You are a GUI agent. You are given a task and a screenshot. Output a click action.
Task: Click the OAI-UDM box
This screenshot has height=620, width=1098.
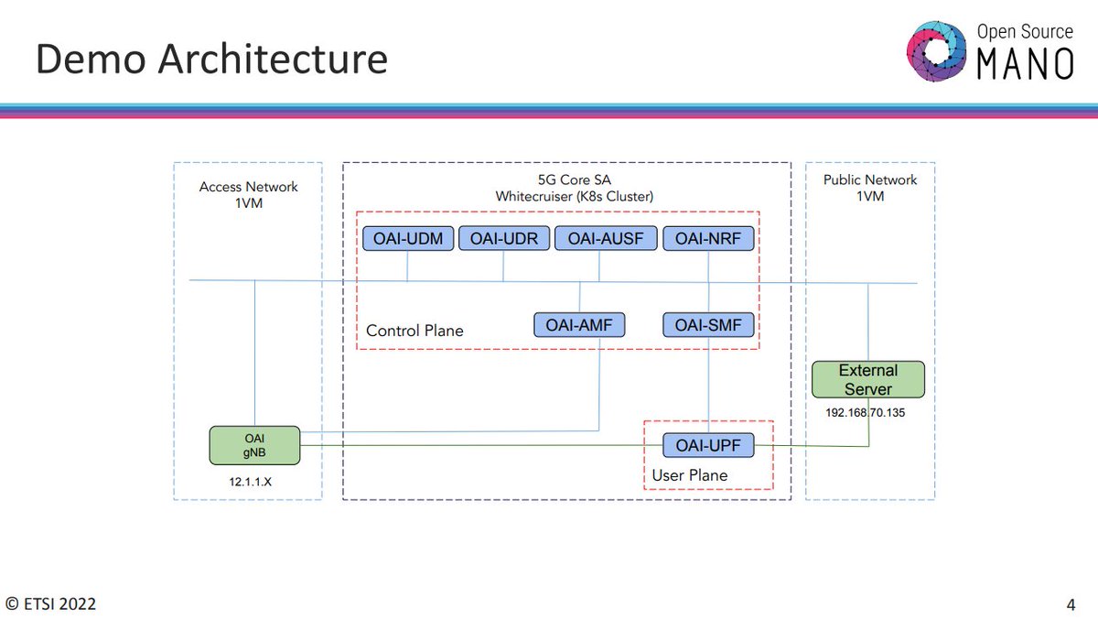(408, 239)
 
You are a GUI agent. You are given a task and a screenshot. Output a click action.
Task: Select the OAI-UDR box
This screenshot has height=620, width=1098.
(503, 239)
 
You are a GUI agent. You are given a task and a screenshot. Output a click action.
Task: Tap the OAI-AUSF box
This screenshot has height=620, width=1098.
(599, 239)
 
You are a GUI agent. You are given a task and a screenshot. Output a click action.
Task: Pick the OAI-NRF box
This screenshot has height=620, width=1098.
(708, 239)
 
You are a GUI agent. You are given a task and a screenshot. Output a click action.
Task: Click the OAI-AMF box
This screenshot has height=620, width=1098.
(579, 324)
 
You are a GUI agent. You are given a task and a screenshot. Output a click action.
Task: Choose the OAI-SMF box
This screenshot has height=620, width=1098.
(708, 324)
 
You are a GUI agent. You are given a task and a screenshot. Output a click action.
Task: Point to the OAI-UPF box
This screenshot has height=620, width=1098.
(708, 446)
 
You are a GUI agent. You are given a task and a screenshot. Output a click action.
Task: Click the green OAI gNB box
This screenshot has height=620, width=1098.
(254, 445)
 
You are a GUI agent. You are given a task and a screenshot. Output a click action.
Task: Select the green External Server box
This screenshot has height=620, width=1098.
(867, 379)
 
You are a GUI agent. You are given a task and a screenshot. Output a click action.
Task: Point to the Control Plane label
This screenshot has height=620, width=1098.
(414, 331)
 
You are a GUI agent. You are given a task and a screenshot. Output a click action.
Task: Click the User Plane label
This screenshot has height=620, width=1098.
(689, 475)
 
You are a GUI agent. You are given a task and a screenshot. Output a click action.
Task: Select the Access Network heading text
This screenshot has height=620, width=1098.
(249, 187)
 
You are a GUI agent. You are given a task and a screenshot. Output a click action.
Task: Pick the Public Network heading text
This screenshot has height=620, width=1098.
(870, 179)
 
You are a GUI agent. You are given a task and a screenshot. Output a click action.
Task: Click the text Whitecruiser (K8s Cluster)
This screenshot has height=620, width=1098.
(574, 197)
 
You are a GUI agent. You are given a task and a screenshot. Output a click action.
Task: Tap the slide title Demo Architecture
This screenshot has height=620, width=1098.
(211, 60)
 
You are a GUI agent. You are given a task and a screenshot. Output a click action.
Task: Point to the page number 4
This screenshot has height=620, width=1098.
(1071, 604)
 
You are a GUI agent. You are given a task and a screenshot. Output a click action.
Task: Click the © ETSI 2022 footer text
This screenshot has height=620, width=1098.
(51, 604)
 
